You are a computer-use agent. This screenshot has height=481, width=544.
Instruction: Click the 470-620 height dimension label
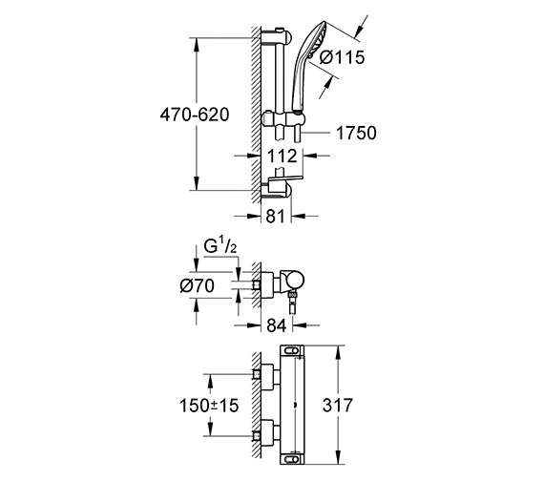tap(195, 115)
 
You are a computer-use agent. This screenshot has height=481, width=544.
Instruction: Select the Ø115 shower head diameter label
tap(342, 57)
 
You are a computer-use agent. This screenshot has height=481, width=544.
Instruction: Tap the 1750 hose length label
tap(356, 133)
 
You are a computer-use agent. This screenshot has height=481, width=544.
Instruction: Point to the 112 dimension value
tap(282, 157)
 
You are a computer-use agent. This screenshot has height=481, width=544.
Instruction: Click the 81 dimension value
tap(275, 217)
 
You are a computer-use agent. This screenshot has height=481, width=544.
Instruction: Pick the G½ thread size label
tap(220, 247)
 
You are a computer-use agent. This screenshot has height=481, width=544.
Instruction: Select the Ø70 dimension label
tap(197, 286)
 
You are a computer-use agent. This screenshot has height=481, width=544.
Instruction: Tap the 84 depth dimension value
tap(277, 325)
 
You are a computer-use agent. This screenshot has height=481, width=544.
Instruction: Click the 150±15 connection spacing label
tap(209, 406)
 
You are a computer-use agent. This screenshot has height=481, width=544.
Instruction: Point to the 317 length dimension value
tap(338, 405)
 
